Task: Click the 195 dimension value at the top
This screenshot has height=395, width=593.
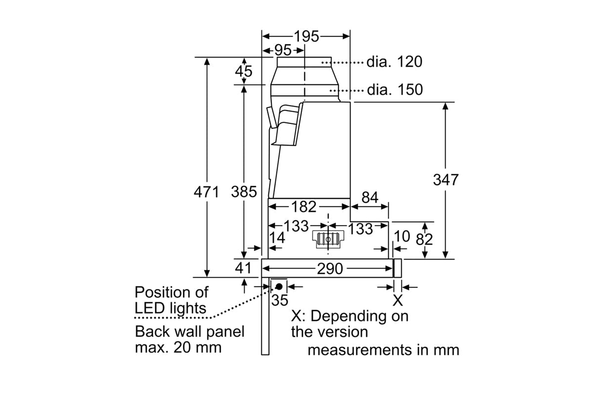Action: point(307,36)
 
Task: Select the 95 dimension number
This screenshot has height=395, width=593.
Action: point(283,50)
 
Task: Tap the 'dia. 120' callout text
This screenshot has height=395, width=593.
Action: point(394,62)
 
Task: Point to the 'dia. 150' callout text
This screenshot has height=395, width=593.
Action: point(395,90)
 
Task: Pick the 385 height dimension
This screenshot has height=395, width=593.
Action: point(244,192)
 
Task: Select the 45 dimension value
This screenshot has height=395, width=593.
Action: point(243,71)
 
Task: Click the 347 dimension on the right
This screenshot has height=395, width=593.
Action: point(446,179)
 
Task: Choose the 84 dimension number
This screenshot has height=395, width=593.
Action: point(370,198)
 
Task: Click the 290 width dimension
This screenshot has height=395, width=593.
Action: point(329,269)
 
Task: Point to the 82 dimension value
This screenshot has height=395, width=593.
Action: point(424,239)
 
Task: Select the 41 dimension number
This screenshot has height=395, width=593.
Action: point(243,268)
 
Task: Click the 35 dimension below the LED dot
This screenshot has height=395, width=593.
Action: point(280,299)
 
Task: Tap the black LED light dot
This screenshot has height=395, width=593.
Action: point(279,286)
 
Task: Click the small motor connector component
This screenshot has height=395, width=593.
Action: point(328,239)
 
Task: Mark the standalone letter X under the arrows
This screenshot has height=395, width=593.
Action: point(397,300)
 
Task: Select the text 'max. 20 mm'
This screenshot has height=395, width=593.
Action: point(178,347)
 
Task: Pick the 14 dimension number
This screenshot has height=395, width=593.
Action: point(278,238)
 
